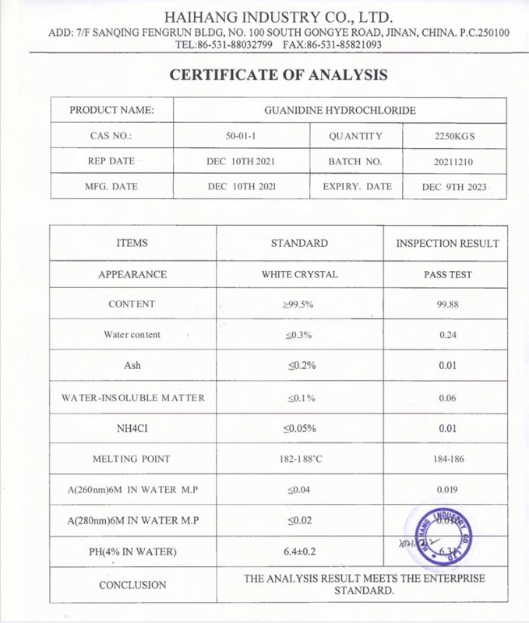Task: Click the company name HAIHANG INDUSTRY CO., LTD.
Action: click(x=278, y=17)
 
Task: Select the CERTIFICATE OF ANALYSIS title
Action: click(x=278, y=75)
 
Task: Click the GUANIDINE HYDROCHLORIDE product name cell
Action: click(x=340, y=110)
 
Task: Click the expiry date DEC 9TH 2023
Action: click(x=454, y=187)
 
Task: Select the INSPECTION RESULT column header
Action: click(x=447, y=243)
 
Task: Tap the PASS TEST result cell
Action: click(x=447, y=274)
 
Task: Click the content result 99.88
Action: click(x=447, y=304)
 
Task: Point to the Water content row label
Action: click(x=132, y=335)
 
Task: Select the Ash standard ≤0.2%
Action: click(x=299, y=365)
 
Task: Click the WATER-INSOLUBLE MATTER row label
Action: click(x=132, y=398)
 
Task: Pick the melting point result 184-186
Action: click(x=448, y=459)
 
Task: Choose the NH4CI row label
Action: click(x=132, y=428)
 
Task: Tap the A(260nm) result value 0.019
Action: click(x=448, y=490)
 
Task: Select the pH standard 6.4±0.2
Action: click(x=299, y=552)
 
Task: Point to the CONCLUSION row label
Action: click(x=132, y=585)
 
